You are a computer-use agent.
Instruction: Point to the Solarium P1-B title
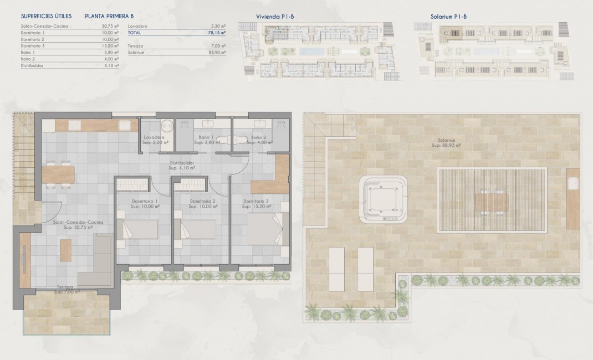pos(448,17)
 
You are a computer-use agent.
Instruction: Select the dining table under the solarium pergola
pos(492,202)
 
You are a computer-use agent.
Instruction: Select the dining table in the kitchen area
pos(58,174)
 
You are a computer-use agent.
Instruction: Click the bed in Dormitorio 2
pos(195,229)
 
